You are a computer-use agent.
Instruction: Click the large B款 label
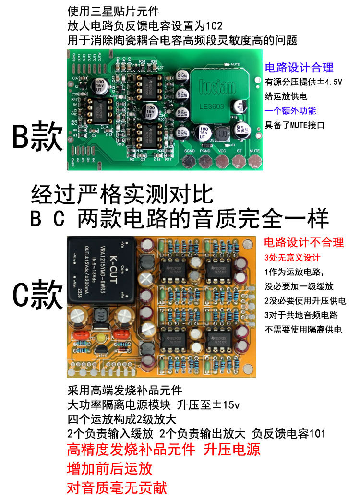[x=37, y=138]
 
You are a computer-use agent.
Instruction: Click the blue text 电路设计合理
[x=299, y=68]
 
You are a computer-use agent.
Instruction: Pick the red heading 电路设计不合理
[x=304, y=242]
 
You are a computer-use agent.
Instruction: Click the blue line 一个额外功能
[x=290, y=111]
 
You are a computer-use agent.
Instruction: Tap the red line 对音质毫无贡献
[x=117, y=488]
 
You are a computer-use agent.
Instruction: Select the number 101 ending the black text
[x=317, y=434]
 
